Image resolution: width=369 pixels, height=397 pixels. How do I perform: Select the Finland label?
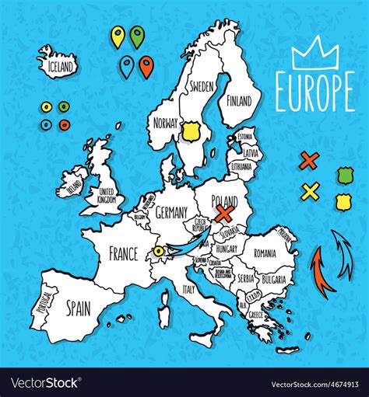(238, 101)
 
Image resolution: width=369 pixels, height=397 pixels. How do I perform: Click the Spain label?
(78, 309)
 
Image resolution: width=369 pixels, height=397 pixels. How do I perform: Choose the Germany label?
(172, 212)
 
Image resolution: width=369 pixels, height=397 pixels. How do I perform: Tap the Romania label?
(265, 253)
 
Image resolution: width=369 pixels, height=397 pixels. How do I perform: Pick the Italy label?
(188, 288)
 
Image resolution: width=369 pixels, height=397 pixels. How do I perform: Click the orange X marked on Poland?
(226, 212)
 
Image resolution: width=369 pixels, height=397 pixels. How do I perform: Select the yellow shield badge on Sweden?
(189, 131)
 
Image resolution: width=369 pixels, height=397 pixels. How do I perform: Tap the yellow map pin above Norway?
(118, 36)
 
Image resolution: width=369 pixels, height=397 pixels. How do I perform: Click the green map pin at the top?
(137, 36)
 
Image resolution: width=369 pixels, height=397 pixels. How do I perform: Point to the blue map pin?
(126, 66)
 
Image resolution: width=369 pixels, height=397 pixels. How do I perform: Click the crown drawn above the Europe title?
(316, 54)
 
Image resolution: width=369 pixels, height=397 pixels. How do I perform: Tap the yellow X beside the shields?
(310, 190)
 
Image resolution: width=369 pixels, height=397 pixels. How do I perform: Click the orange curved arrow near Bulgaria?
(322, 268)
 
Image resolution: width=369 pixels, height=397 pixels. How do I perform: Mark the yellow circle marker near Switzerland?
(158, 250)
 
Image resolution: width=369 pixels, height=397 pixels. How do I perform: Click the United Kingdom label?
(106, 196)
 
